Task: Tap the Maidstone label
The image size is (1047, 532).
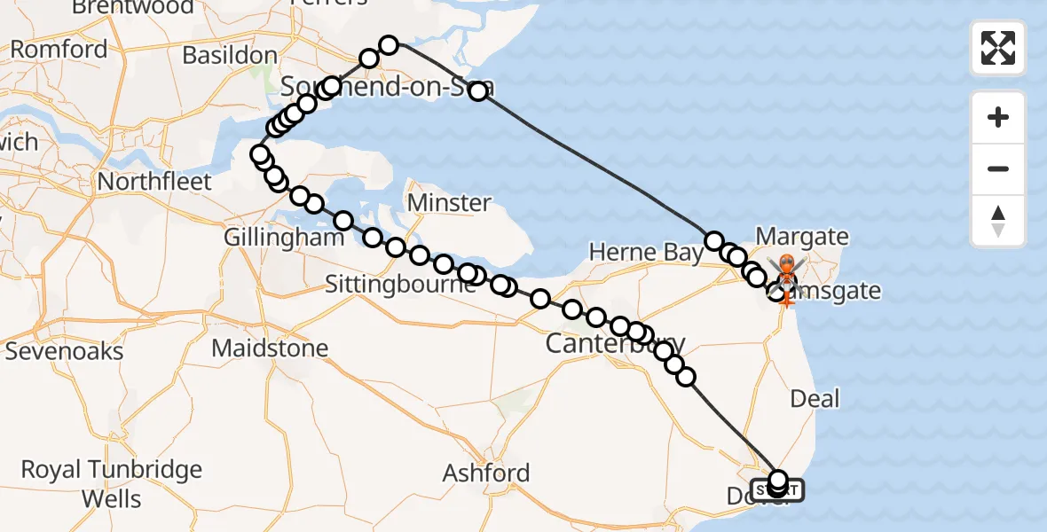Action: pos(270,348)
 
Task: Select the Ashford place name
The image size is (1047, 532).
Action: pos(486,473)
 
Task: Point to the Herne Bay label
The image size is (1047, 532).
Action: pos(645,253)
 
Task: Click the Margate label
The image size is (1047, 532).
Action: pos(802,238)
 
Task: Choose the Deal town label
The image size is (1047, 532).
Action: pos(814,398)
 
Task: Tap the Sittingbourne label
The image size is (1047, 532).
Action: pos(401,285)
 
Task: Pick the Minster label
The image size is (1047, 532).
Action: pos(449,203)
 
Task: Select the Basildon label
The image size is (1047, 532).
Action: pos(230,55)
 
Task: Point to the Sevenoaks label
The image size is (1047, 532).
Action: pos(64,351)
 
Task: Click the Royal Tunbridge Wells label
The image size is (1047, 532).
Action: pos(112,483)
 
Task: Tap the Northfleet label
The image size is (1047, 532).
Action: pos(154,182)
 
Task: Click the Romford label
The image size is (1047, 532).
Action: pos(59,50)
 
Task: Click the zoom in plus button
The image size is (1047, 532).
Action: pos(998,117)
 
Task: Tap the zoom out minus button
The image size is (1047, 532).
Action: pos(998,168)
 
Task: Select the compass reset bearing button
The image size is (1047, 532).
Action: pos(998,220)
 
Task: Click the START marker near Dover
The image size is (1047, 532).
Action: pos(778,489)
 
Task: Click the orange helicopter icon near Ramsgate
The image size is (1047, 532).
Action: pos(786,266)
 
